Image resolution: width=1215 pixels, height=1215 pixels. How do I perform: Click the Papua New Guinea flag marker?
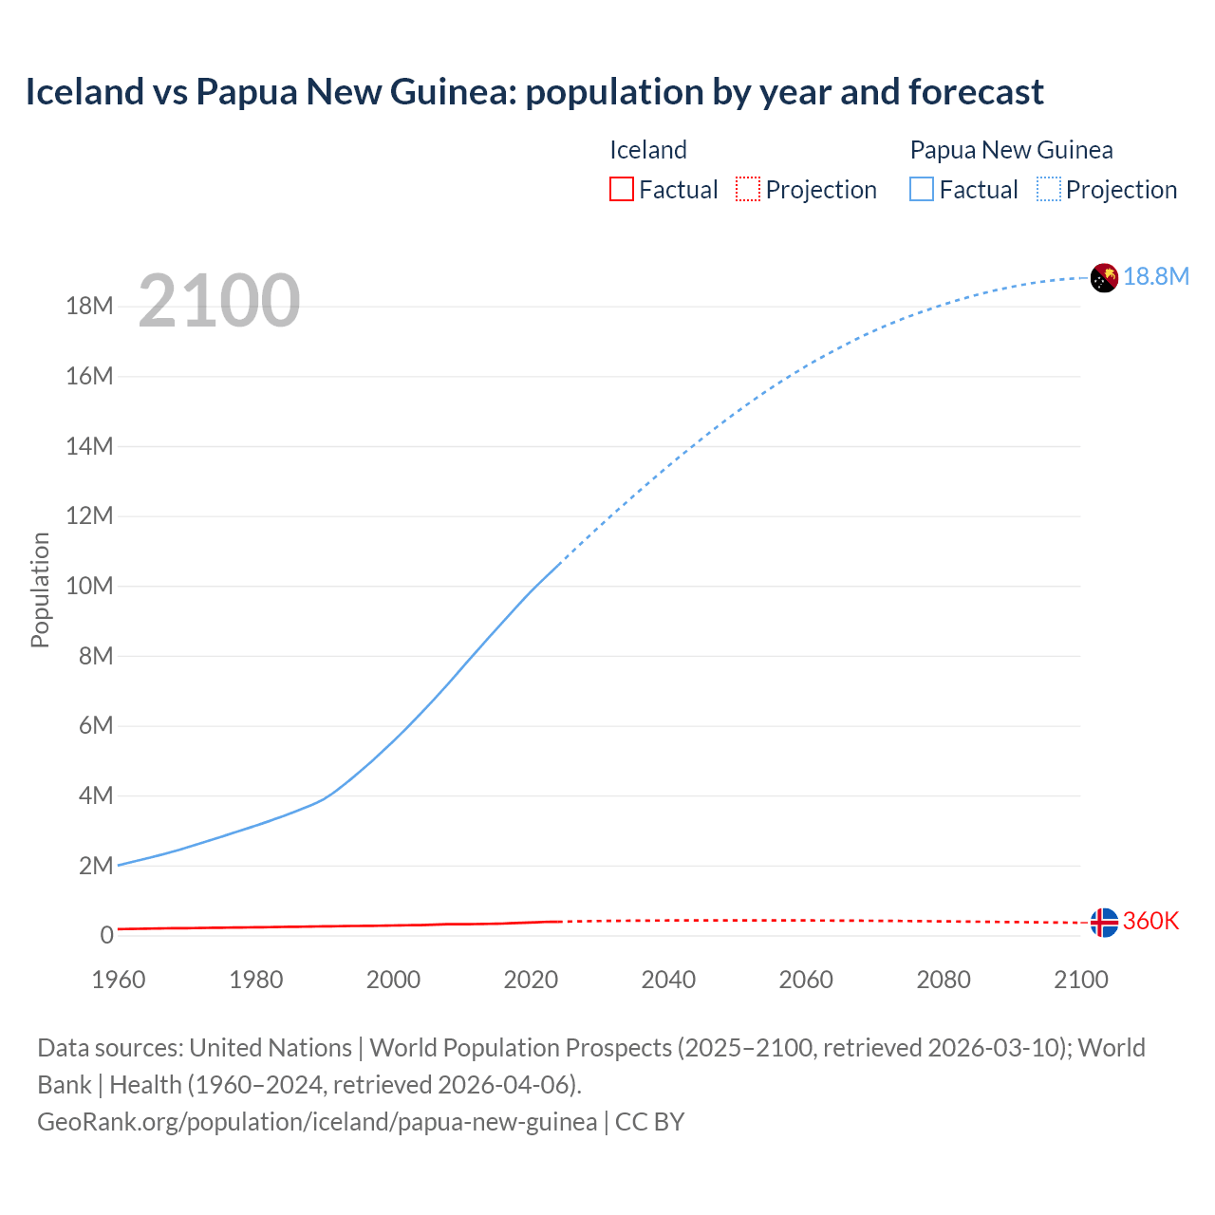coord(1104,277)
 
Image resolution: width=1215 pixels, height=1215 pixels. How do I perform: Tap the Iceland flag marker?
coord(1104,922)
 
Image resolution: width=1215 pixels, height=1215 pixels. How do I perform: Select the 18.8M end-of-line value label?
coord(1156,276)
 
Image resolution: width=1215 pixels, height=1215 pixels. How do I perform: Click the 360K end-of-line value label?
coord(1150,921)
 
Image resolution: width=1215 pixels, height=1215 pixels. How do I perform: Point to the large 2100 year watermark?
coord(219,301)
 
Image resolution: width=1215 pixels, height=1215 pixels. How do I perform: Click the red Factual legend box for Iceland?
coord(621,189)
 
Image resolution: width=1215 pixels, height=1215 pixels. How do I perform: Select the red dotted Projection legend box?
coord(748,189)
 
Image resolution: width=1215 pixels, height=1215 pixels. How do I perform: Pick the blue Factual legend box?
coord(922,189)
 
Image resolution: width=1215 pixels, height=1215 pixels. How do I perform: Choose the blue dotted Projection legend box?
coord(1049,189)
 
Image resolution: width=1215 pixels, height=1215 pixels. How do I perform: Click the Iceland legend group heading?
coord(647,150)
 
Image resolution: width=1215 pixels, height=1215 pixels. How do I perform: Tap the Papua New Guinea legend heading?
coord(1011,150)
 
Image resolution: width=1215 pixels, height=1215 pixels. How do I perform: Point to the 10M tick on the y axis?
coord(89,586)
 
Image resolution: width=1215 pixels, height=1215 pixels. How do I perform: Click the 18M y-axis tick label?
coord(89,306)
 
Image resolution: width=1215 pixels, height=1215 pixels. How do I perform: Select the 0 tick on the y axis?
coord(106,935)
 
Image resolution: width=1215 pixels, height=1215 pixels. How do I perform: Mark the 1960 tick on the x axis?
coord(119,980)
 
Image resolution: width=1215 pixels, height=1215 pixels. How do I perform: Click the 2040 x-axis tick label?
coord(668,980)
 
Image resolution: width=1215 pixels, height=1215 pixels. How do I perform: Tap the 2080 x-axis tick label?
coord(944,980)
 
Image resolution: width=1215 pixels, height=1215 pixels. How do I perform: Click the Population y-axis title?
coord(40,589)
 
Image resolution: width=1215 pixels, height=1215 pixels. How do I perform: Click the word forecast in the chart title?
coord(976,92)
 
